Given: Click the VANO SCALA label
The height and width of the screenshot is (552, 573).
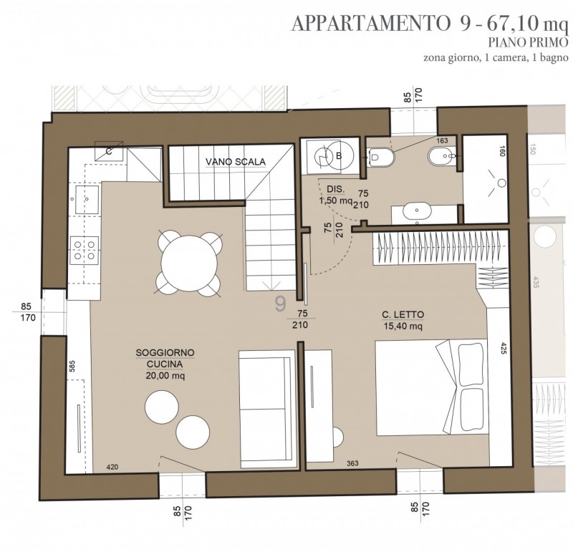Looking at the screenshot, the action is (236, 162).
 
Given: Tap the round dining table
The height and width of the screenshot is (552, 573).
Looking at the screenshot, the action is (189, 263).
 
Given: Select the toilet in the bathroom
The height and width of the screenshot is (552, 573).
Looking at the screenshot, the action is (380, 157).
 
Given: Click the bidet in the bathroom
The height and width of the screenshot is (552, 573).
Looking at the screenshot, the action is (441, 156).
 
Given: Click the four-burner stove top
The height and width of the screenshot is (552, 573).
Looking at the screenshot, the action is (85, 250).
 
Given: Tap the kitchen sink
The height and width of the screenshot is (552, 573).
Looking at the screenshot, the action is (87, 199).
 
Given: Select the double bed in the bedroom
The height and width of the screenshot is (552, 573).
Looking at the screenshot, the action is (432, 387).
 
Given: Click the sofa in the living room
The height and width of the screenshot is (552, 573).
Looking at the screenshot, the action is (267, 408).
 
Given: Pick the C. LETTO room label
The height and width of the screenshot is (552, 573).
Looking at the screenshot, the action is (403, 314).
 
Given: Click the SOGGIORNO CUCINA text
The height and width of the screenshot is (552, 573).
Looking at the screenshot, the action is (165, 359).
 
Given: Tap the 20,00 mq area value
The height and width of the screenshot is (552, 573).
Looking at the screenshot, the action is (165, 376).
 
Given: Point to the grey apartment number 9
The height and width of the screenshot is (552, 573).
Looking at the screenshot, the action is (280, 304).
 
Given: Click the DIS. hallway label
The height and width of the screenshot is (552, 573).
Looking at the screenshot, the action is (335, 189).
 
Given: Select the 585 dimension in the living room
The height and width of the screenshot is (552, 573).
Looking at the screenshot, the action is (72, 367).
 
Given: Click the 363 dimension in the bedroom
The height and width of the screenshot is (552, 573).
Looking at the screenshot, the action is (352, 464).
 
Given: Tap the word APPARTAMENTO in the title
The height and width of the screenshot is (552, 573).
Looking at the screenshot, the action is (371, 24).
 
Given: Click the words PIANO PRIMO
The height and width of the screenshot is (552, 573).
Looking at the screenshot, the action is (529, 43).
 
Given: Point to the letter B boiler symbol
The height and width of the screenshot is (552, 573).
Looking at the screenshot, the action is (339, 156).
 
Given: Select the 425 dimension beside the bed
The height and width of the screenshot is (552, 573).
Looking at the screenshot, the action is (504, 349).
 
